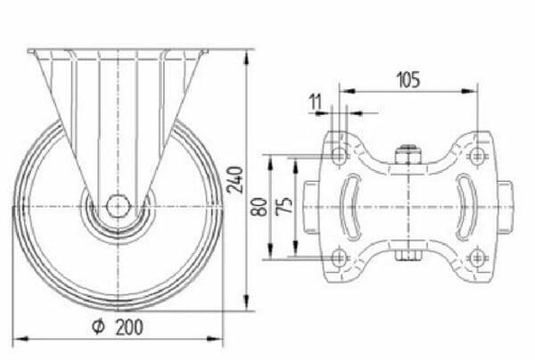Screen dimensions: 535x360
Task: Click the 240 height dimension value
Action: click(235, 180)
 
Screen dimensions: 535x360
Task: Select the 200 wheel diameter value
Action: click(130, 328)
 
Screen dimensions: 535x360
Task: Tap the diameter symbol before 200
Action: click(98, 327)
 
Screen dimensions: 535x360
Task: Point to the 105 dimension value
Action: click(408, 80)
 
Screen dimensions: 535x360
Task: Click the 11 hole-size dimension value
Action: click(315, 102)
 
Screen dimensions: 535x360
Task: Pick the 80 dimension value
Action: click(260, 207)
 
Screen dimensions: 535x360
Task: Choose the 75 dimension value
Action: click(284, 205)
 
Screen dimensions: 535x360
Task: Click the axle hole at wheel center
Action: click(118, 206)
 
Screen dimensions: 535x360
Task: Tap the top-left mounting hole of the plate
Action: click(340, 156)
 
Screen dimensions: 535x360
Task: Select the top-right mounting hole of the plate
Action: click(477, 156)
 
